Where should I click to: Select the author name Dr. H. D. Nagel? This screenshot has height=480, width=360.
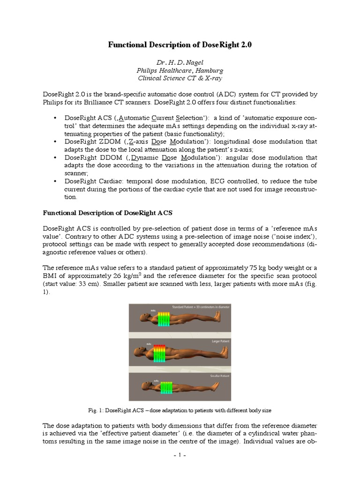click(180, 62)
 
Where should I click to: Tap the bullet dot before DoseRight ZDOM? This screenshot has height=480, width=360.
click(56, 141)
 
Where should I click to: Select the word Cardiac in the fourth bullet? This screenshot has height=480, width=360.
click(114, 182)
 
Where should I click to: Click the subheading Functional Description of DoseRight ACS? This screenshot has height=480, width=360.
click(108, 213)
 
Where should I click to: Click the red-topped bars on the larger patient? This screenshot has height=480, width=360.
click(164, 352)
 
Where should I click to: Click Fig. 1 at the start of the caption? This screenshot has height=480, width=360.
click(95, 410)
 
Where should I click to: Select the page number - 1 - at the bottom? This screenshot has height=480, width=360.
click(180, 455)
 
